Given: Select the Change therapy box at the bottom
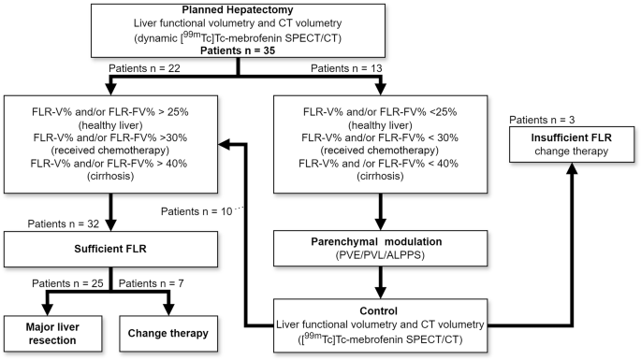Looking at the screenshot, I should point(168,332).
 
